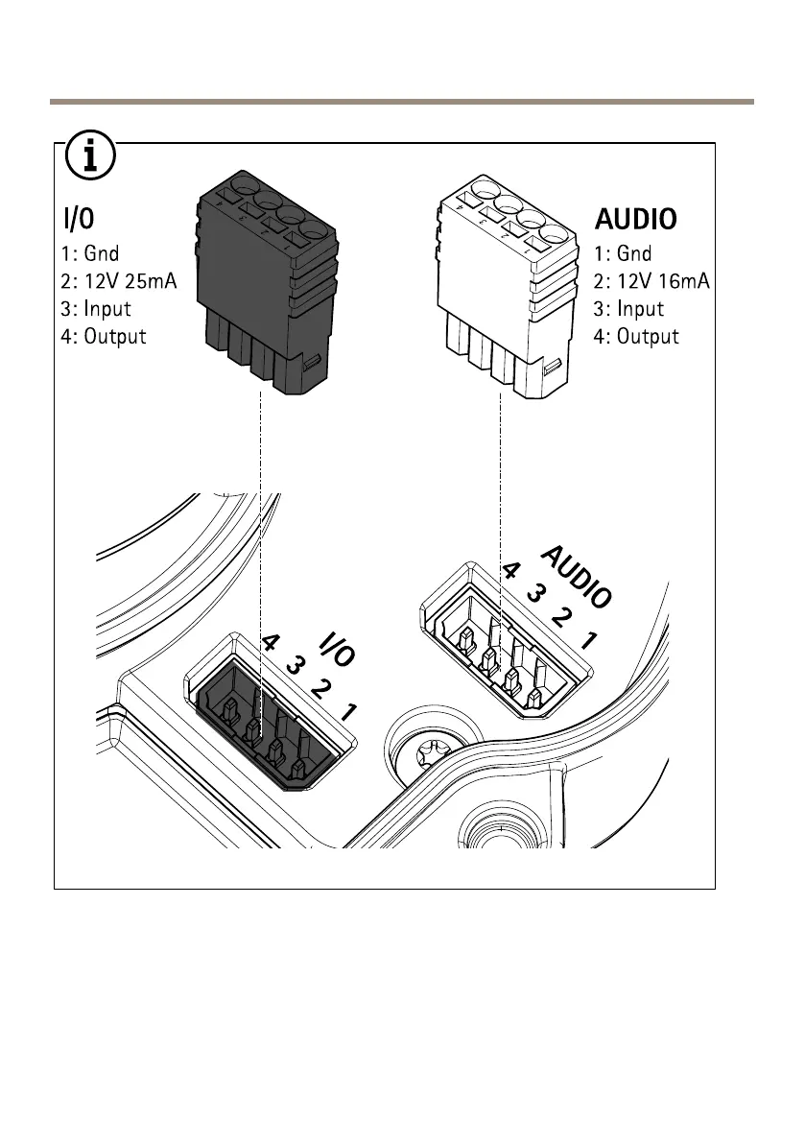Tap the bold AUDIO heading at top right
click(x=636, y=219)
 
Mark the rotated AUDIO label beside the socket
click(x=577, y=577)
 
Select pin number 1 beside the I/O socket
click(x=349, y=713)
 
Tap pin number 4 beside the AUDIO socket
click(x=512, y=571)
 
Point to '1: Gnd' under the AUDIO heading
click(x=623, y=253)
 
